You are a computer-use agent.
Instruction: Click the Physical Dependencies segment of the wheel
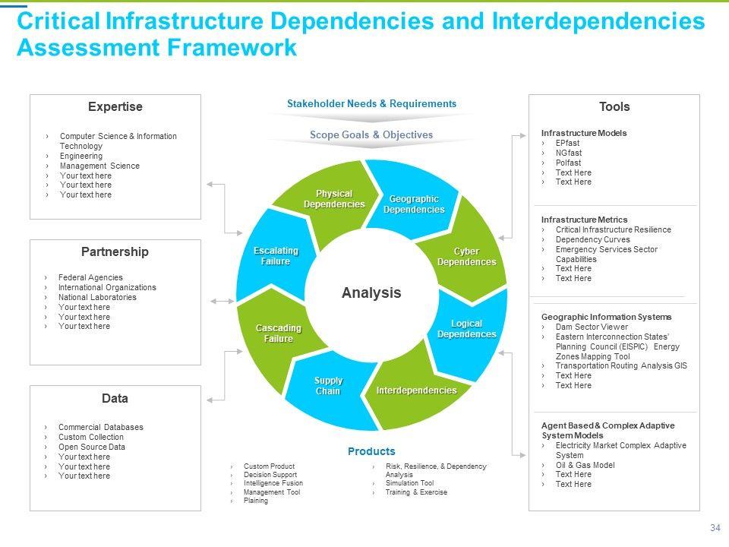[x=334, y=199]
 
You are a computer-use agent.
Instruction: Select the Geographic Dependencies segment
[x=414, y=204]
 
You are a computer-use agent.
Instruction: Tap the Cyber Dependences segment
[x=466, y=257]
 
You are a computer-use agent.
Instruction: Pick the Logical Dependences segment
[x=466, y=329]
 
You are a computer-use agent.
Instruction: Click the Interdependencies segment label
[x=416, y=390]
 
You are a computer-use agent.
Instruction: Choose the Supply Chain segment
[x=329, y=385]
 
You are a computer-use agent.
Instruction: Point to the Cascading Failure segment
[x=278, y=333]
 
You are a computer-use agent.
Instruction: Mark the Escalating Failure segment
[x=275, y=256]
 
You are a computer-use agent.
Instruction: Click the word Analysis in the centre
[x=371, y=292]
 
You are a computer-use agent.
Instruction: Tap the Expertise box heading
[x=115, y=107]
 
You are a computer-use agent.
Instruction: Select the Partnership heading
[x=115, y=251]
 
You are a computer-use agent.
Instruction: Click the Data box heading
[x=115, y=398]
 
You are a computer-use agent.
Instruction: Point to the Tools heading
[x=614, y=107]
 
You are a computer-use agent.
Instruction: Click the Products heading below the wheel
[x=371, y=451]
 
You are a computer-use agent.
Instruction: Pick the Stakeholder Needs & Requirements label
[x=371, y=103]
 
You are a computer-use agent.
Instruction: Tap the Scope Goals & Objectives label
[x=371, y=134]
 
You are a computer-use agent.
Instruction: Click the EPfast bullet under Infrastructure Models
[x=567, y=143]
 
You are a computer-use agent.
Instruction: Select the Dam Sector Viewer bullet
[x=592, y=327]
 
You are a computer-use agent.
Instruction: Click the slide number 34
[x=715, y=528]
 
